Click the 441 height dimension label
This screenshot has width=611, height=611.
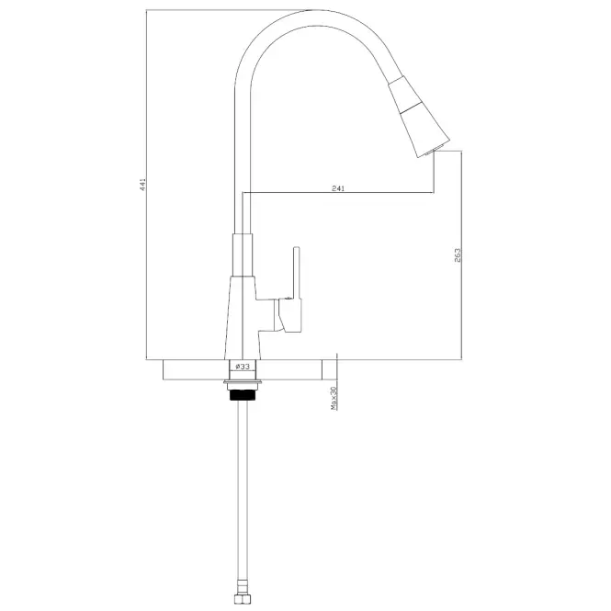coord(143,185)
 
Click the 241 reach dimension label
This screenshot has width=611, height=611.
coord(338,188)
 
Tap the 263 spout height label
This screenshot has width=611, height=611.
coord(458,255)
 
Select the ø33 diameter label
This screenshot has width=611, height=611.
coord(243,367)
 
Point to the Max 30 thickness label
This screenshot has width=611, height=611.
coord(334,398)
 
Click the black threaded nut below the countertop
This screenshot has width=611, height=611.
coord(243,395)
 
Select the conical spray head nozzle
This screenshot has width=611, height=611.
coord(419,117)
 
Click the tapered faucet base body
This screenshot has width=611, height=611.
coord(242,318)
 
